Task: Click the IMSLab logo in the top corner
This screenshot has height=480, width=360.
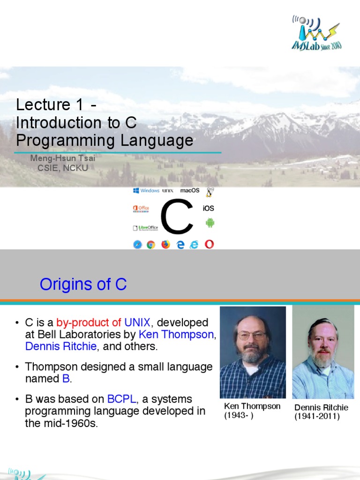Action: coord(316,33)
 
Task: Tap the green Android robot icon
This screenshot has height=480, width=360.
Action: coord(210,223)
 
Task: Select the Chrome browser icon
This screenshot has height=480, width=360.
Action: coord(151,245)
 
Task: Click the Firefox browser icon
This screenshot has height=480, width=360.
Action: coord(165,244)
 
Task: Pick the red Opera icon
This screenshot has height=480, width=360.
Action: coord(210,244)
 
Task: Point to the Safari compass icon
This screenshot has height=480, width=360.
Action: coord(138,245)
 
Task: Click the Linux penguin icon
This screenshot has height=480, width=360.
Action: coord(210,192)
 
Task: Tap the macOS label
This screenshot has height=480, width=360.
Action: coord(190,190)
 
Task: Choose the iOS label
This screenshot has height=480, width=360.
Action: coord(208,208)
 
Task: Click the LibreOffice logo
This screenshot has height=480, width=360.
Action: coord(145,228)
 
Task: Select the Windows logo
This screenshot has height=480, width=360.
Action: coord(146,190)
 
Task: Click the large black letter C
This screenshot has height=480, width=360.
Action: coord(177,217)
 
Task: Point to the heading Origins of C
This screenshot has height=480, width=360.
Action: coord(83,284)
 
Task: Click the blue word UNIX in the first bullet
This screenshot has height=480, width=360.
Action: coord(137,322)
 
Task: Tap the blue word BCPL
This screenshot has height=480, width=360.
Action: coord(121,399)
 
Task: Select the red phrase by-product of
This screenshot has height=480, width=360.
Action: coord(89,322)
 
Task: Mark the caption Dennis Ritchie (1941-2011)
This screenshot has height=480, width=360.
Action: coord(321,412)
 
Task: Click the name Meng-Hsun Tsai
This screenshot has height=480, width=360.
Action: coord(63,158)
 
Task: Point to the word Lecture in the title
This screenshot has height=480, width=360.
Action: coord(43,105)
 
